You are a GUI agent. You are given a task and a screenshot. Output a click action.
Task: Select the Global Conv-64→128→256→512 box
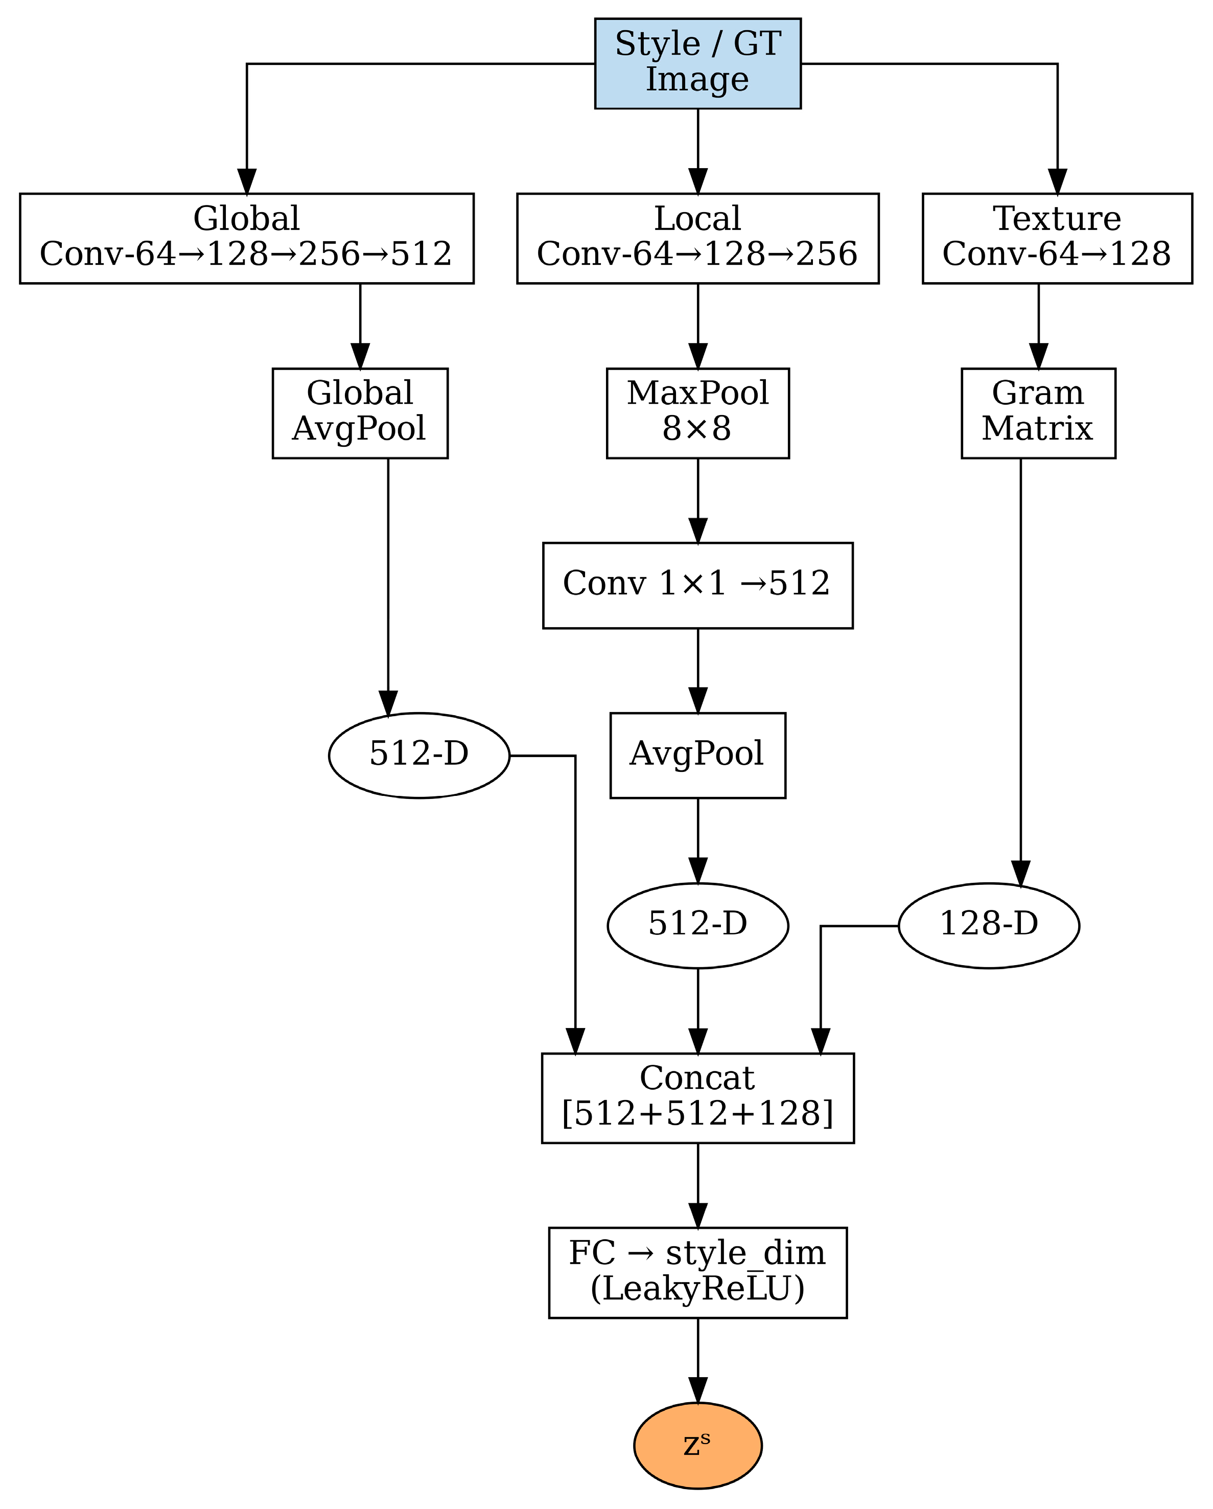tap(246, 238)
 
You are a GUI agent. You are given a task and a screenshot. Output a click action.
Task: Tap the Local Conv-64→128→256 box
tap(697, 238)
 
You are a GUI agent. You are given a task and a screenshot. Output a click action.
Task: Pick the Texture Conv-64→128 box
tap(1057, 238)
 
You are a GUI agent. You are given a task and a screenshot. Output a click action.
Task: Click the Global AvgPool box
tap(360, 413)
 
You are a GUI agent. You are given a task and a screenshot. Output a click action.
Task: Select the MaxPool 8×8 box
tap(697, 413)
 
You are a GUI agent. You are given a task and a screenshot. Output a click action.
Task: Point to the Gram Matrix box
tap(1038, 413)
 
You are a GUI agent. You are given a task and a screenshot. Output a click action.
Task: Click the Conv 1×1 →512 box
tap(697, 584)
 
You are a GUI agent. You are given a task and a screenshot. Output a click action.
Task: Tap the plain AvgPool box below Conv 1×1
tap(697, 755)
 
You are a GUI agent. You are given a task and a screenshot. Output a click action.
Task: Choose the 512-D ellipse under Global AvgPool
tap(419, 755)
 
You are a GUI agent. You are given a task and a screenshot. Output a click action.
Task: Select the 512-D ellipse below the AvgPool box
tap(697, 925)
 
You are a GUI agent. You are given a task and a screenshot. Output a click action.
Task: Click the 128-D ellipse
tap(989, 925)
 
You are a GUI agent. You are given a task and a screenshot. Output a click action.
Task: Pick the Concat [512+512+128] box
tap(697, 1098)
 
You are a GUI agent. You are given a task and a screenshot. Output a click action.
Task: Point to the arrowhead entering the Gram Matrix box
tap(1038, 356)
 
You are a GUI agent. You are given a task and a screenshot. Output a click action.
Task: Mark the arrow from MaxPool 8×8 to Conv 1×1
tap(697, 500)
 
